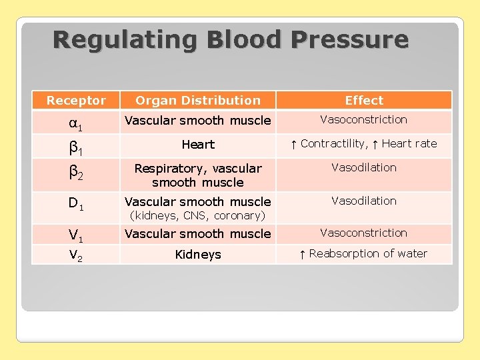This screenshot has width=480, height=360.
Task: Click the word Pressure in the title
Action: click(x=349, y=40)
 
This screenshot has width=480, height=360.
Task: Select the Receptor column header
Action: click(x=76, y=101)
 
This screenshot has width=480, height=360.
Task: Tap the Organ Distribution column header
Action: click(x=198, y=101)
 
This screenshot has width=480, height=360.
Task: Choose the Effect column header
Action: click(x=364, y=101)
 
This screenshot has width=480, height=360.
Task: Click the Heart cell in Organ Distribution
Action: click(x=198, y=145)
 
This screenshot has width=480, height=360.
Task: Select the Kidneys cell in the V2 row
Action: click(x=198, y=255)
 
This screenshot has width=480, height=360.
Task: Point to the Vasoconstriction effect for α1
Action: click(x=364, y=120)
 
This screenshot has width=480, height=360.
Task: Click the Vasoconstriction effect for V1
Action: click(x=364, y=233)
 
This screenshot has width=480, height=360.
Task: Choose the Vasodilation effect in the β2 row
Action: click(x=364, y=168)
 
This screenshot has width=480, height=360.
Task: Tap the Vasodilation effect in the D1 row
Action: click(x=364, y=201)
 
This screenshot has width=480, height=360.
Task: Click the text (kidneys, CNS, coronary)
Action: click(x=198, y=216)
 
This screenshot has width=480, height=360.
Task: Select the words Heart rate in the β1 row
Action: click(x=409, y=143)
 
